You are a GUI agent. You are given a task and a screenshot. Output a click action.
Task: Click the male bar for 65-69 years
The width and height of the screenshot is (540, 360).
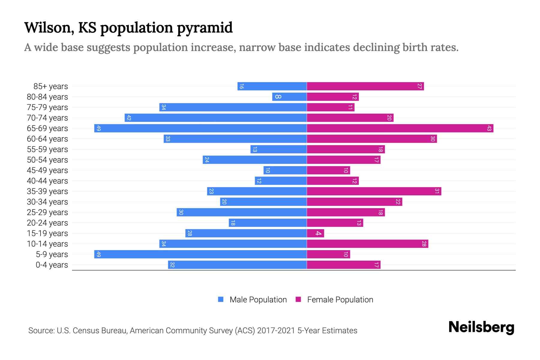(200, 128)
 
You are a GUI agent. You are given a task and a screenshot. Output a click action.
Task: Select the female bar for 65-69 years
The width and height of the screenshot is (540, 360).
(400, 128)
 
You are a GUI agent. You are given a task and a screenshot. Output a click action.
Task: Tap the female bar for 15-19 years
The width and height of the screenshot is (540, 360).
(315, 233)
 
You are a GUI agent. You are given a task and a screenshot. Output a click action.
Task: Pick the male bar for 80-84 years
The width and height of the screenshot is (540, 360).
(289, 97)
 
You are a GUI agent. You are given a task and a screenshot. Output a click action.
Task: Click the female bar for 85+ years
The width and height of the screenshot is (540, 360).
(365, 86)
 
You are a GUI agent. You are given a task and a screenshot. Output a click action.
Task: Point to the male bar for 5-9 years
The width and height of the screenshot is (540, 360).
(200, 254)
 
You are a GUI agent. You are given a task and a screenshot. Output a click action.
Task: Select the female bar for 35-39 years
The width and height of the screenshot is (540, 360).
(374, 191)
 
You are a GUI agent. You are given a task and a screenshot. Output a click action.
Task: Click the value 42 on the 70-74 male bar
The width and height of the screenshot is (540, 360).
(129, 118)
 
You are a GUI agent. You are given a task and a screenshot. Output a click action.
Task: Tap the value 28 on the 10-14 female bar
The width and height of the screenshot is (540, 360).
(424, 244)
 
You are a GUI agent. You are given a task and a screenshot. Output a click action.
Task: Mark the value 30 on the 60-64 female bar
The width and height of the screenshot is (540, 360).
(433, 139)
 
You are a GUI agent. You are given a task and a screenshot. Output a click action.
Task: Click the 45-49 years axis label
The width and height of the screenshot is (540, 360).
(47, 170)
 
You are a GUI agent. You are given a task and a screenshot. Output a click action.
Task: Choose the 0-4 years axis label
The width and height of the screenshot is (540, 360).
(52, 265)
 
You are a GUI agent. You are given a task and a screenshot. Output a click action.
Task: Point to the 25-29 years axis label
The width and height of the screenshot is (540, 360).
(47, 212)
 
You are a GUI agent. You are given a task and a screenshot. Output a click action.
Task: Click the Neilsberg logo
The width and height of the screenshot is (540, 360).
(481, 327)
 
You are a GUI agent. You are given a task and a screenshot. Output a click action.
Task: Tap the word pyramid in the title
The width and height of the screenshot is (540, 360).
(205, 28)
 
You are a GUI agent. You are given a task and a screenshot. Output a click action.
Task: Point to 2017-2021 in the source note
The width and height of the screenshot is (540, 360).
(276, 331)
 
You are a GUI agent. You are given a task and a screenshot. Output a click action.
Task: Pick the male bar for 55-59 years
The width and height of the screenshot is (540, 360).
(279, 149)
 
